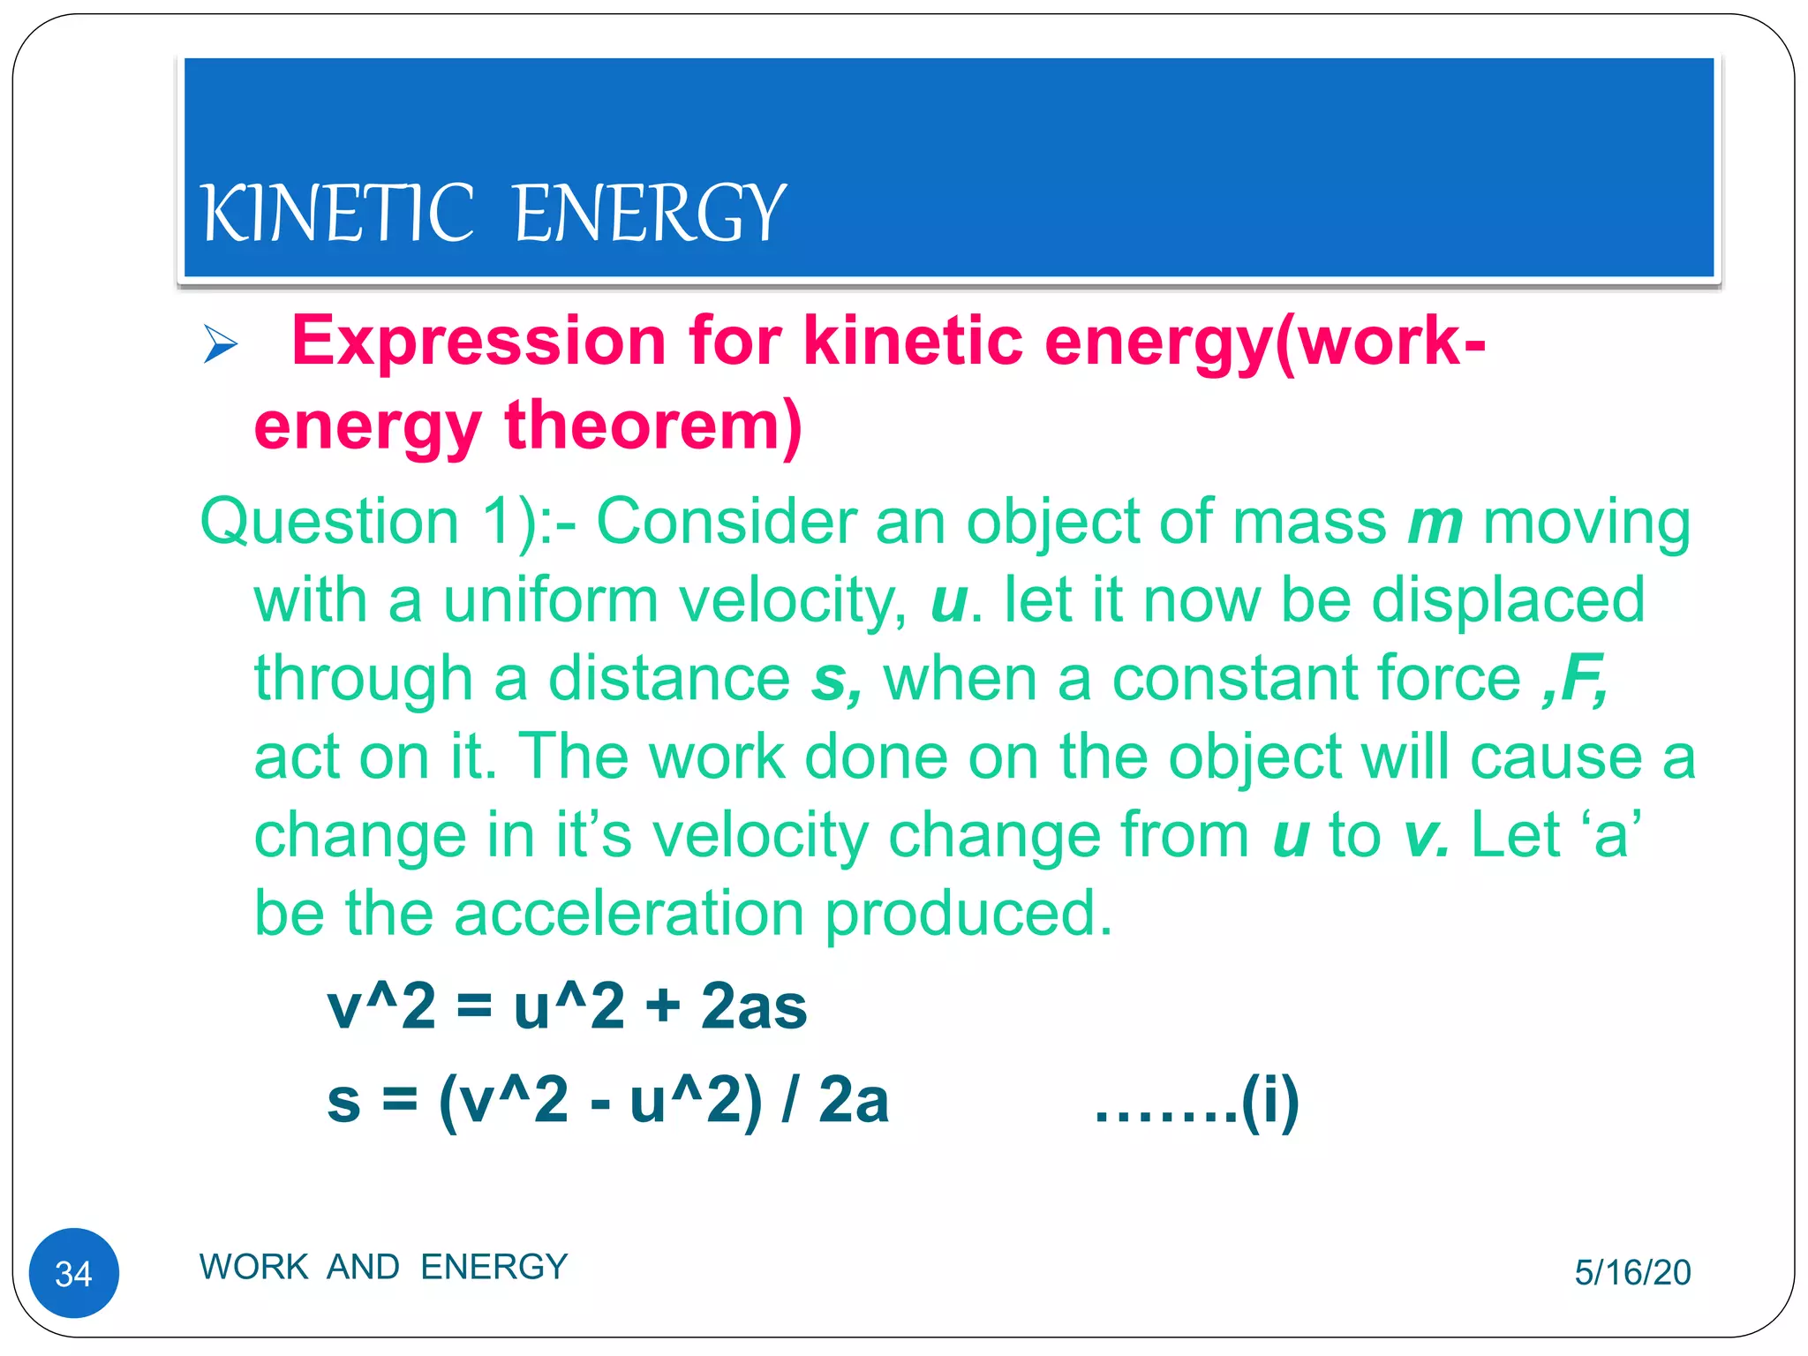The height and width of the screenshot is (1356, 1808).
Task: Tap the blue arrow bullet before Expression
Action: click(x=220, y=343)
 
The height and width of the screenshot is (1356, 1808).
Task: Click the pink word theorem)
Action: click(x=652, y=426)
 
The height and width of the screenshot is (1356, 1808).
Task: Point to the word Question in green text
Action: click(x=329, y=522)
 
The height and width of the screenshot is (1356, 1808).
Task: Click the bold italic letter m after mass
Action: click(x=1435, y=522)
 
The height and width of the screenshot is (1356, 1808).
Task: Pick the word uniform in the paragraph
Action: click(x=550, y=600)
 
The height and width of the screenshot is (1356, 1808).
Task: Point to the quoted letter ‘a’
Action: click(x=1611, y=835)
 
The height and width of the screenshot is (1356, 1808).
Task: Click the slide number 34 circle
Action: click(x=74, y=1273)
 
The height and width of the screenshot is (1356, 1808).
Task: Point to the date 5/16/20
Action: click(x=1632, y=1272)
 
